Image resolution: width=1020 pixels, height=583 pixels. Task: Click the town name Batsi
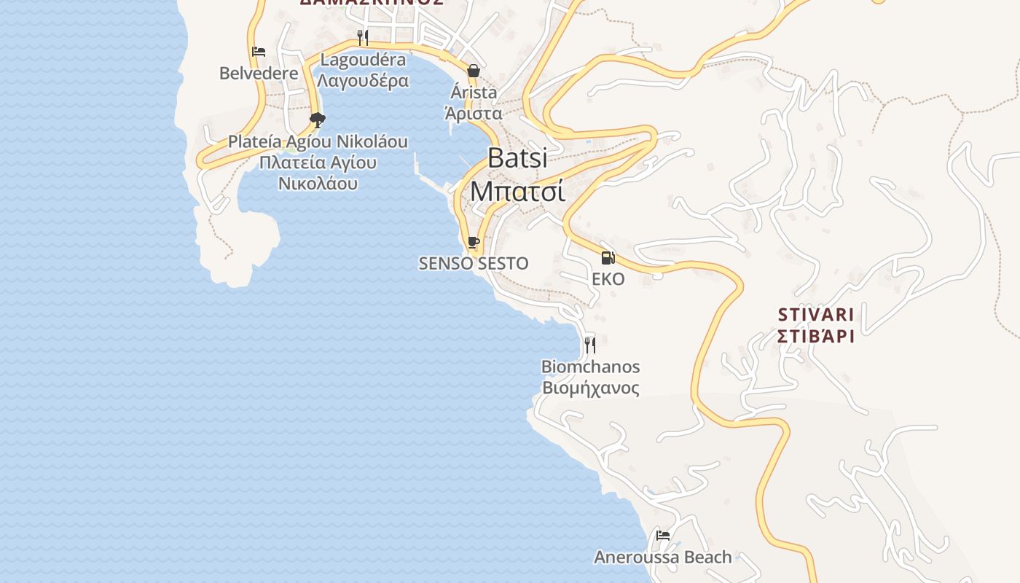click(517, 158)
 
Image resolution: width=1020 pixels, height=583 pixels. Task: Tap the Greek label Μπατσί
click(517, 191)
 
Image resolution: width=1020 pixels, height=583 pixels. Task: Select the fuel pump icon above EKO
click(608, 257)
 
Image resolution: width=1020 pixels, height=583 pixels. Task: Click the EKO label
click(608, 279)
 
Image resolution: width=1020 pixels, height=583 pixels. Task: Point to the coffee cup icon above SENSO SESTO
click(474, 242)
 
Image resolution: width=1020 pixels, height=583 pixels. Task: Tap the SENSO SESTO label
click(474, 264)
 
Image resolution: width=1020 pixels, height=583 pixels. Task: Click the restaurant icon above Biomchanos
click(590, 345)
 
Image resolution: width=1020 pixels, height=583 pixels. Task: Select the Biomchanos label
click(590, 367)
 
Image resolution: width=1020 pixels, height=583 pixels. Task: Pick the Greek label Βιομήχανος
click(590, 388)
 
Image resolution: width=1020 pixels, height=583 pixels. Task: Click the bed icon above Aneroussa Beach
click(663, 536)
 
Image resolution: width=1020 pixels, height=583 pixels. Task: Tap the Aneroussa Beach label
click(663, 557)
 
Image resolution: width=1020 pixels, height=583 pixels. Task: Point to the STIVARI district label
click(815, 315)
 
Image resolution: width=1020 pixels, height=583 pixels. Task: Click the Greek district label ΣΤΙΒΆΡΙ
click(815, 336)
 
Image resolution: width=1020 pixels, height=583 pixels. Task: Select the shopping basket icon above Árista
click(474, 71)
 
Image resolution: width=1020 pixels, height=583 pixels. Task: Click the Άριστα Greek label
click(474, 114)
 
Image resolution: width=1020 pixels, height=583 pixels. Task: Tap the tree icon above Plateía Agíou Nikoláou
click(317, 120)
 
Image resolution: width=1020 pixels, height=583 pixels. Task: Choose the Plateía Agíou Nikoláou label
click(318, 141)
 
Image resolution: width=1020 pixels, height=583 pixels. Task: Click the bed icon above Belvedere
click(259, 52)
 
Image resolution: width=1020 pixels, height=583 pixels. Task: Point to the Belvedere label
click(259, 74)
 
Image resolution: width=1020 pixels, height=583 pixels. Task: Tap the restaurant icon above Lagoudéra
click(363, 37)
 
